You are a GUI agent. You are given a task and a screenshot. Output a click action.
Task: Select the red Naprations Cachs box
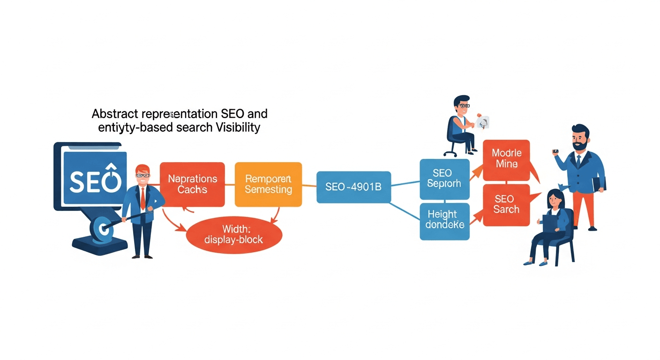(x=192, y=184)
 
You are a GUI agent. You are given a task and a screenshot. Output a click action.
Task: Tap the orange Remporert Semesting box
(x=268, y=184)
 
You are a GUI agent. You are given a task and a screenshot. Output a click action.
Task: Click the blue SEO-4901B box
(x=353, y=187)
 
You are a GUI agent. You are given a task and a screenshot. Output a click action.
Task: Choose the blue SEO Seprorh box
(x=444, y=179)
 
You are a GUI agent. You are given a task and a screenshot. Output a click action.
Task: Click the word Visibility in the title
(x=238, y=127)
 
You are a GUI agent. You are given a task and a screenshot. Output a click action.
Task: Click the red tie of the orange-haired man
(x=142, y=199)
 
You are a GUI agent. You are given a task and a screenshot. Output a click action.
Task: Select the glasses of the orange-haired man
(x=142, y=175)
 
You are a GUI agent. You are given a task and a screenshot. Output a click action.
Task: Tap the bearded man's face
(x=580, y=140)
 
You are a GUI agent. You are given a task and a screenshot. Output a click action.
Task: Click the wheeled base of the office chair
(x=450, y=152)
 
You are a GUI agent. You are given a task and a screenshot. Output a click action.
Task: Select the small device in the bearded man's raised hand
(x=555, y=151)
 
